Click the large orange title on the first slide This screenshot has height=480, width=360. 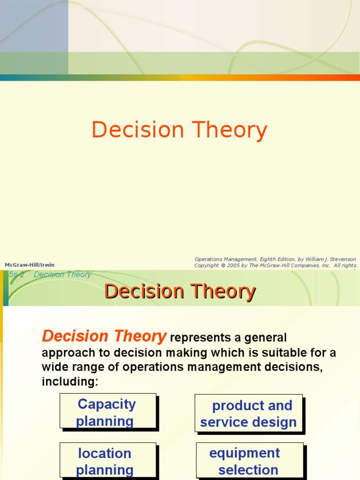click(x=180, y=130)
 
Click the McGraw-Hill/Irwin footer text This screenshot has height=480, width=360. click(x=30, y=265)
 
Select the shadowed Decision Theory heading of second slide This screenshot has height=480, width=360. click(x=180, y=291)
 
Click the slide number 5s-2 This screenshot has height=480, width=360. click(x=16, y=275)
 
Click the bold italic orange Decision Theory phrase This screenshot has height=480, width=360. click(x=104, y=336)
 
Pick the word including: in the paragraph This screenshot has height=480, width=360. click(x=70, y=382)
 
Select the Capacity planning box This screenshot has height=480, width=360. click(x=108, y=411)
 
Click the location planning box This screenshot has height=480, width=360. click(x=108, y=460)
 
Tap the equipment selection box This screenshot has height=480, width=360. click(x=248, y=461)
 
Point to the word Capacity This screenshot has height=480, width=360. click(x=107, y=404)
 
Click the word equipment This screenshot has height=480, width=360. click(x=244, y=453)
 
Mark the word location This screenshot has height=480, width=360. click(x=105, y=453)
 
